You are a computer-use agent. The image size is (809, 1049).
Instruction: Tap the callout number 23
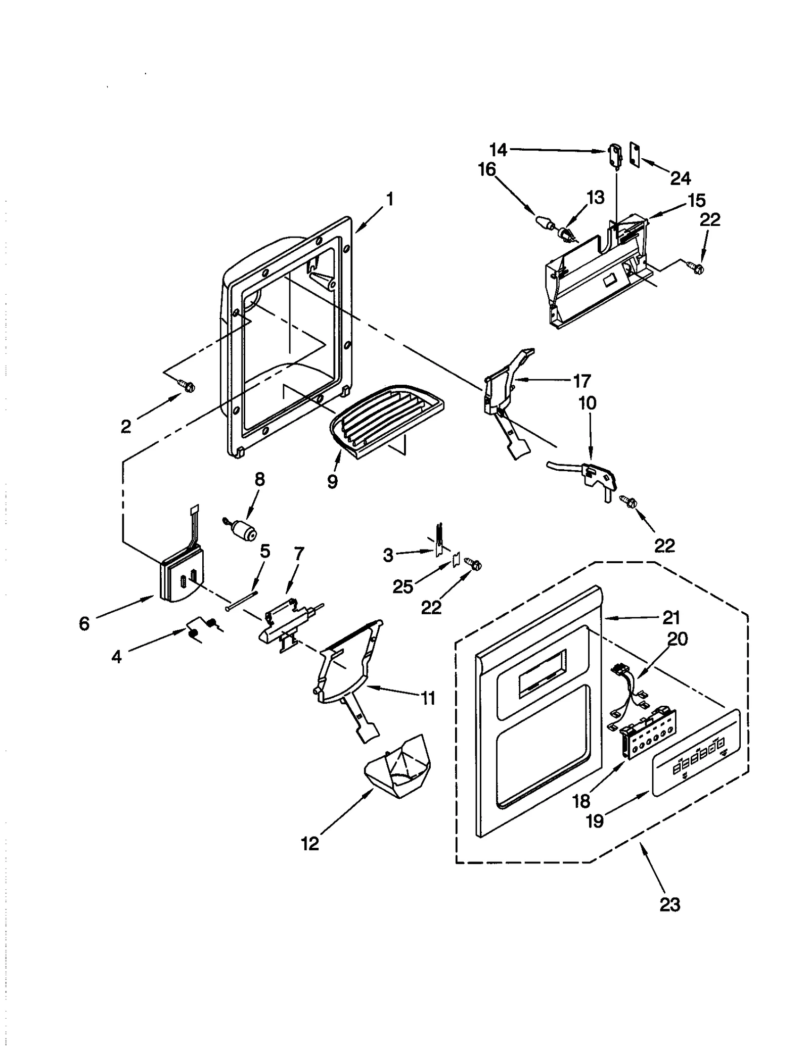(x=669, y=904)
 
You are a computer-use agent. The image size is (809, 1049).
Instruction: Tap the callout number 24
(x=680, y=178)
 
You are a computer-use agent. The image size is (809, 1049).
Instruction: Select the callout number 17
(x=581, y=381)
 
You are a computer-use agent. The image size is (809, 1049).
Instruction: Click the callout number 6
(x=84, y=623)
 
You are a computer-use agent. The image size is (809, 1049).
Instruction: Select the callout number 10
(x=587, y=403)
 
